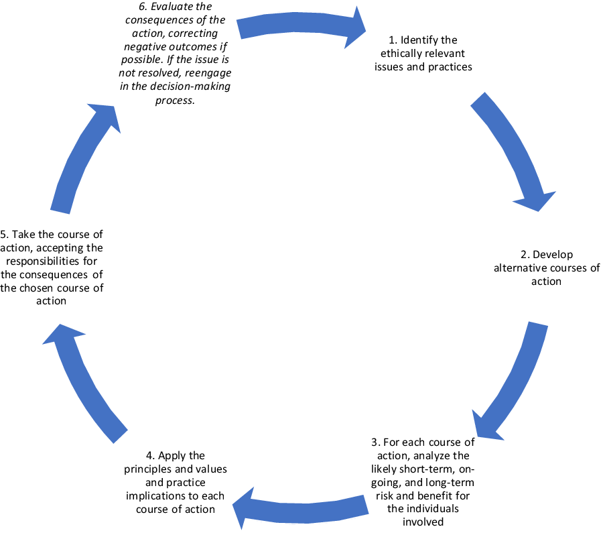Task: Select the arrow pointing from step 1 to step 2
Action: point(513,151)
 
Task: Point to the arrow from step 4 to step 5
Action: point(84,382)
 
